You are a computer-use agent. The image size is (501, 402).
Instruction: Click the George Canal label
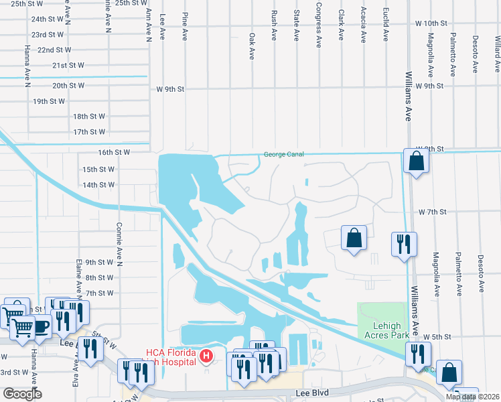(283, 154)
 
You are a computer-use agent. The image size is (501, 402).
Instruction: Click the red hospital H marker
(207, 355)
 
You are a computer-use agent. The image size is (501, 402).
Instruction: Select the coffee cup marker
(42, 326)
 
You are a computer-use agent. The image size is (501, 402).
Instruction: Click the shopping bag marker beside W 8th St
(416, 161)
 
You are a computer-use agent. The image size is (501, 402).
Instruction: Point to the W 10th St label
(429, 23)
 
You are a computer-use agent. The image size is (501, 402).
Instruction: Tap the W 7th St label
(432, 212)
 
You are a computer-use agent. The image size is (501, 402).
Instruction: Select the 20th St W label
(68, 85)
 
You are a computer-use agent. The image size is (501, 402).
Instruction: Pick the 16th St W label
(113, 152)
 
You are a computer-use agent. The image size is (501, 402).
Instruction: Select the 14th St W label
(98, 184)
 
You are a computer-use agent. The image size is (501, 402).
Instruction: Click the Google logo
(22, 394)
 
